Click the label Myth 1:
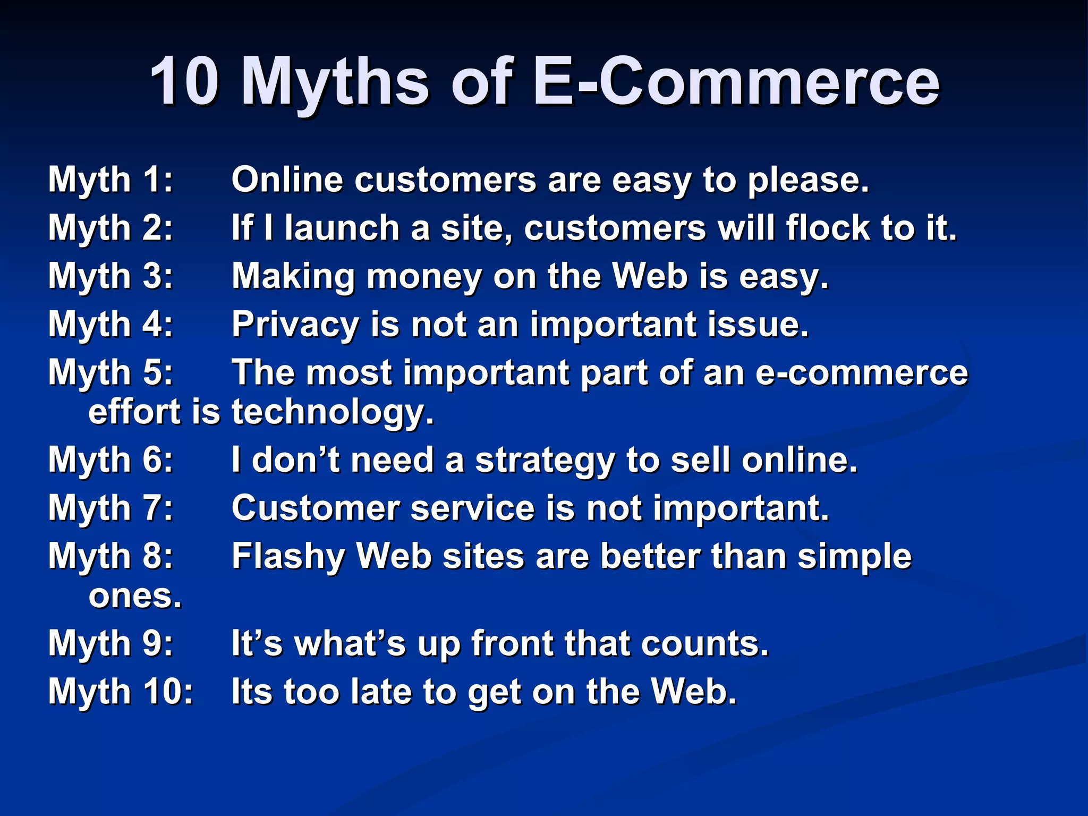pyautogui.click(x=110, y=180)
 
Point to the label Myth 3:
pyautogui.click(x=110, y=276)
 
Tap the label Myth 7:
pyautogui.click(x=110, y=508)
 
